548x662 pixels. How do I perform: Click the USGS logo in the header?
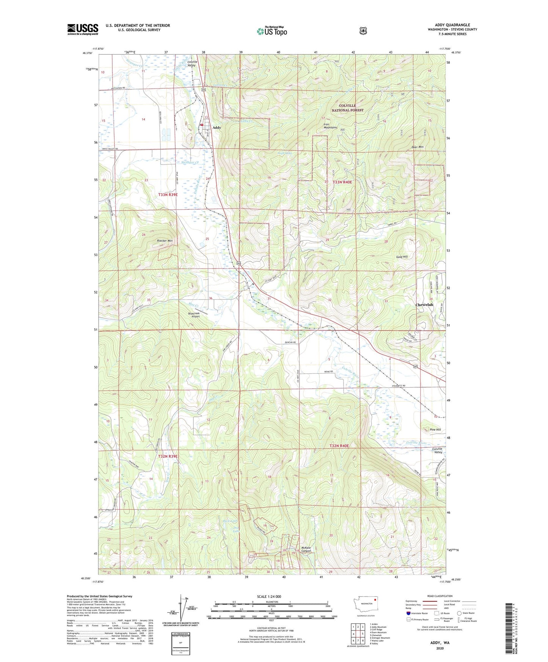pos(83,29)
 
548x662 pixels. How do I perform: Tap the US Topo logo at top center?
pos(272,31)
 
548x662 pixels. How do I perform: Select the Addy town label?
pos(217,128)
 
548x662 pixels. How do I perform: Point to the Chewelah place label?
pos(424,305)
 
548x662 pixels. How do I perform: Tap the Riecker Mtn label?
pos(165,241)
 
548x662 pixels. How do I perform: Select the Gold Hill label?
pos(402,257)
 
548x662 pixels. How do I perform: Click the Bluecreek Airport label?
pos(194,315)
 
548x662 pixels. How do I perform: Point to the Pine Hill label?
pos(435,430)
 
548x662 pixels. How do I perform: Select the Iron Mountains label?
pos(330,126)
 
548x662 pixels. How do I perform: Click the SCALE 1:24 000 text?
pos(269,596)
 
